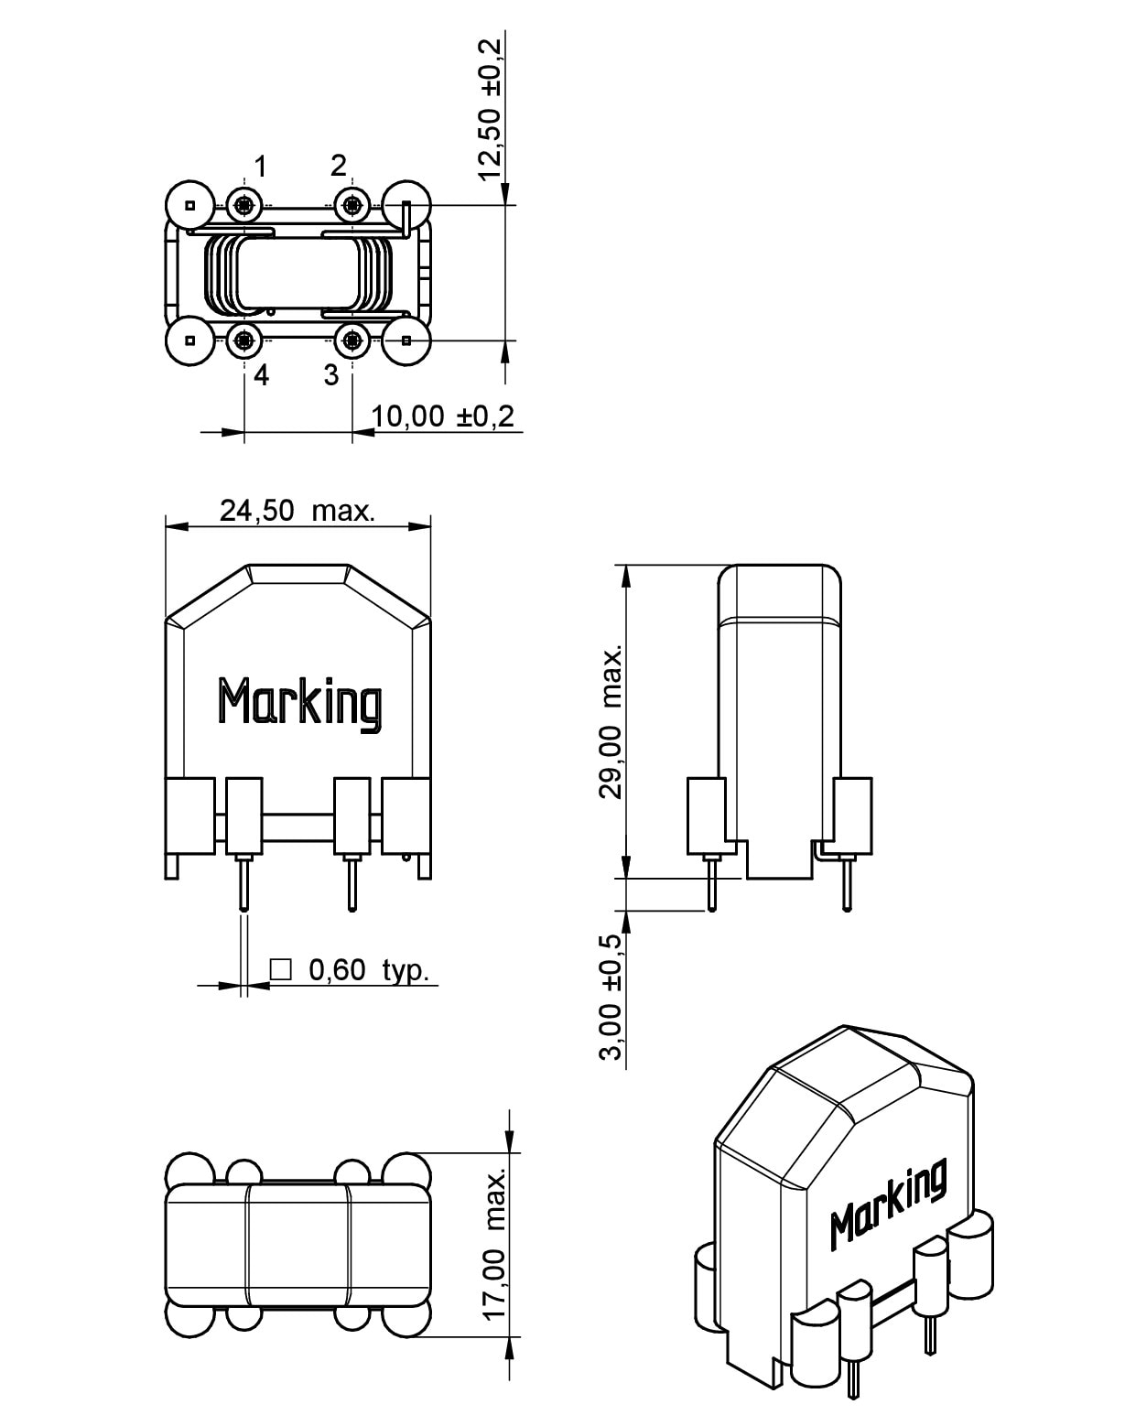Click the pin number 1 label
click(261, 167)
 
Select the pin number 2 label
click(339, 166)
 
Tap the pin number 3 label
click(331, 375)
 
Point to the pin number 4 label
click(261, 375)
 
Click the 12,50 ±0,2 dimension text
click(491, 108)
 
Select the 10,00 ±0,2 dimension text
click(443, 416)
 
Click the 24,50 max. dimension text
click(297, 511)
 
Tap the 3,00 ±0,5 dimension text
click(611, 997)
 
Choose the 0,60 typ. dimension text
click(369, 970)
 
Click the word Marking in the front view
click(299, 703)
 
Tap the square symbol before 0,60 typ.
click(281, 969)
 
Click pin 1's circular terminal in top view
click(243, 205)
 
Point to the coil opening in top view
click(297, 272)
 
